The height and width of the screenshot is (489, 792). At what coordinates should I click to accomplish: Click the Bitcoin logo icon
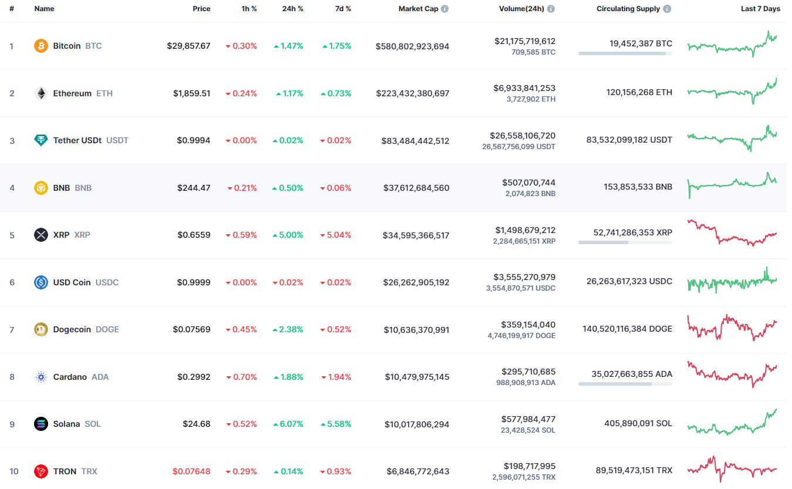click(41, 46)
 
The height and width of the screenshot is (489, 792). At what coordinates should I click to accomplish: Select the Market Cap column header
click(418, 9)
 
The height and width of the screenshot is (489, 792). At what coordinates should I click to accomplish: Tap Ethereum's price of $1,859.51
click(191, 93)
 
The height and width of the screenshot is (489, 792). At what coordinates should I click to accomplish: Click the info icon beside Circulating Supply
click(668, 9)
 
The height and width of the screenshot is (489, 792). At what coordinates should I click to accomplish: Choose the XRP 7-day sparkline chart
click(732, 233)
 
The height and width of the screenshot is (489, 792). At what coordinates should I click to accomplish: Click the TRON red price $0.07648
click(191, 471)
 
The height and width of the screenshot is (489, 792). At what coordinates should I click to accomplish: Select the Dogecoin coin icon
click(41, 329)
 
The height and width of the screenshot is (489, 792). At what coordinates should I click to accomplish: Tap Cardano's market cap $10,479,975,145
click(417, 377)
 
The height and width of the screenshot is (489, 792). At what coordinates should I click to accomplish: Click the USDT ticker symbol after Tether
click(117, 140)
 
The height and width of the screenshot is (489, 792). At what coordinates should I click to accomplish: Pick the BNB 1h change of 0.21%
click(242, 188)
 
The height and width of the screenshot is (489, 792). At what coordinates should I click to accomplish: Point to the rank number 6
click(12, 282)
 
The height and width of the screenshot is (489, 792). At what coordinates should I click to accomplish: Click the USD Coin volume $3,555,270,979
click(525, 277)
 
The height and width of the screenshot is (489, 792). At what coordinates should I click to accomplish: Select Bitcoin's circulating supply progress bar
click(625, 53)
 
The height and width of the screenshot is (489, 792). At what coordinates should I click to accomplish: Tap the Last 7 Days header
click(760, 9)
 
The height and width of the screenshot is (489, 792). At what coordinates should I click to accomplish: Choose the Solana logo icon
click(41, 424)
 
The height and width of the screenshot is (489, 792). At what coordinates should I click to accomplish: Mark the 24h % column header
click(292, 9)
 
